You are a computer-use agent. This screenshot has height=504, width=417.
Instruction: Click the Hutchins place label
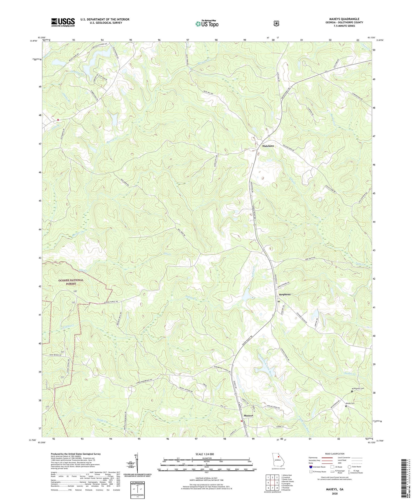pyautogui.click(x=268, y=146)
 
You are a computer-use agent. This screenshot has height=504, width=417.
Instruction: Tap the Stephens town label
pyautogui.click(x=284, y=294)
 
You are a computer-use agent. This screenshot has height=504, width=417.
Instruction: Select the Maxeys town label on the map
pyautogui.click(x=248, y=416)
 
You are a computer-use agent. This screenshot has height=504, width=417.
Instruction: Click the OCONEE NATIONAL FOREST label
pyautogui.click(x=71, y=282)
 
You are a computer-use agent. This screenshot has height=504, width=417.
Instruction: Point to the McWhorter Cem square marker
pyautogui.click(x=352, y=391)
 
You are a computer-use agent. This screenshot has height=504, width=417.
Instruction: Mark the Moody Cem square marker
pyautogui.click(x=346, y=406)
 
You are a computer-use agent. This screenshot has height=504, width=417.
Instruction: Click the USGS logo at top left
pyautogui.click(x=63, y=22)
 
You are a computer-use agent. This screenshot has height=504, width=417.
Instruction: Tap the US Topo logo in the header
pyautogui.click(x=207, y=24)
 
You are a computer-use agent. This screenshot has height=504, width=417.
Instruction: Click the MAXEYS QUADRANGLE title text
pyautogui.click(x=342, y=19)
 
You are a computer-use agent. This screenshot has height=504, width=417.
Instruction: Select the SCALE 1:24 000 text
pyautogui.click(x=207, y=454)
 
